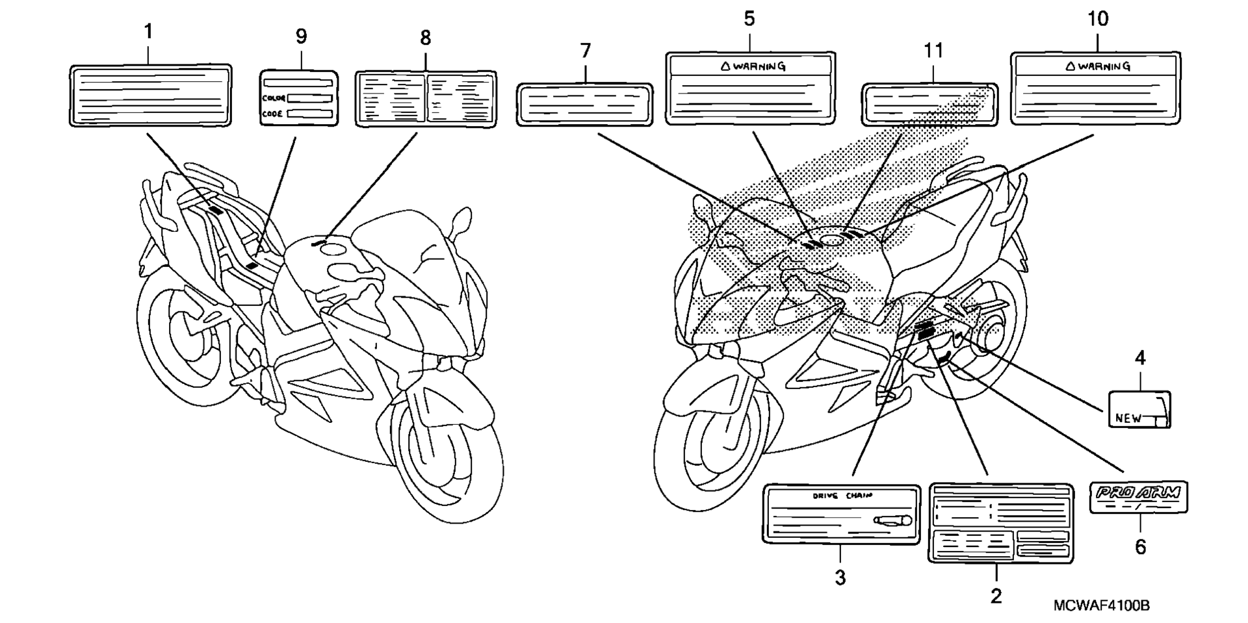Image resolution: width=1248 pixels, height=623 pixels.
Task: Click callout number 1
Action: coord(148,31)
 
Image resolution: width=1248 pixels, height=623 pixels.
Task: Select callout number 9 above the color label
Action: coord(301,36)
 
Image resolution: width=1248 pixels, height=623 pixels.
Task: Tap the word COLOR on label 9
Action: coord(274,98)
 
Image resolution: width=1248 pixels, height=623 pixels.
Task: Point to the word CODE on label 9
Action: coord(272,114)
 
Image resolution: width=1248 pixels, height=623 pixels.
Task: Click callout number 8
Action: coord(425,38)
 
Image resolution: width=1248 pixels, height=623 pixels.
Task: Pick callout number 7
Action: coord(586,51)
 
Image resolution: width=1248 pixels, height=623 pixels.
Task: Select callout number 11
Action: coord(933,51)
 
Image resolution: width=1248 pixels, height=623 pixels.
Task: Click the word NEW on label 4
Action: coord(1128,418)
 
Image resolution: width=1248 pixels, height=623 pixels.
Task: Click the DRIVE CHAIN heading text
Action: coord(842,496)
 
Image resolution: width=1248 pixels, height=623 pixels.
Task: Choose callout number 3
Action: coord(840,577)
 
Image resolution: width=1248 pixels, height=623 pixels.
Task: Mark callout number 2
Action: coord(996,595)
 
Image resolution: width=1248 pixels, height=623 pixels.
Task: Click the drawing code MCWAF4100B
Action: coord(1102,606)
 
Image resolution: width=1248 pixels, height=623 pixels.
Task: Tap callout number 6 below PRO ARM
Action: coord(1141,547)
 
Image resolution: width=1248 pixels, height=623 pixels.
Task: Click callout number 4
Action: coord(1140,357)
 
